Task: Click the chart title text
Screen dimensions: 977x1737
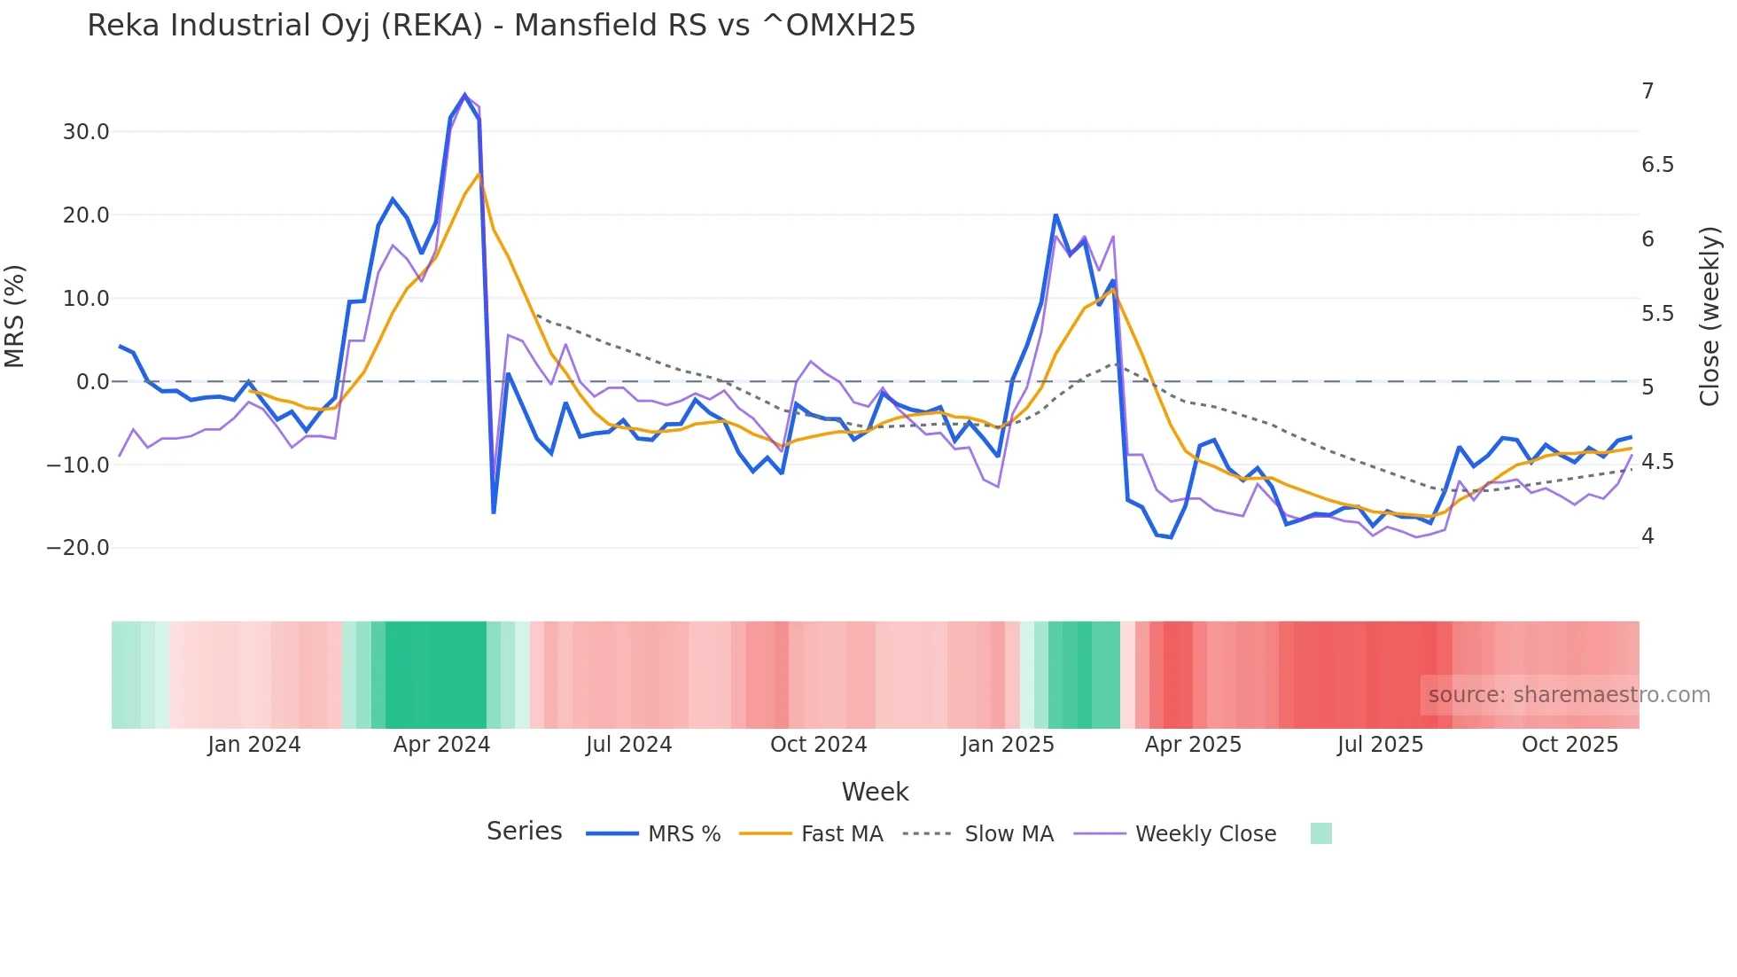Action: (501, 26)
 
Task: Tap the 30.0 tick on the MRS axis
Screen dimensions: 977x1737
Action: (86, 132)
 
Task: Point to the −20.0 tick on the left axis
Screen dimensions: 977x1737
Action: (78, 548)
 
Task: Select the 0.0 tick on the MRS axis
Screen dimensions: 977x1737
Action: (93, 382)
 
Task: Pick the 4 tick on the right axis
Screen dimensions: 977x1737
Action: (1647, 536)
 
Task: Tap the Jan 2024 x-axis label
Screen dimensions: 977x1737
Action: (253, 745)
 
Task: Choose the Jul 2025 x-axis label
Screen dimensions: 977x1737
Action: (1380, 745)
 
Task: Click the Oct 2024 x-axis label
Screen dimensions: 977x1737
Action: (818, 745)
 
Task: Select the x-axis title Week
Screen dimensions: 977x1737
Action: (875, 792)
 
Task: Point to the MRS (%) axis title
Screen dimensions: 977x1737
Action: (15, 317)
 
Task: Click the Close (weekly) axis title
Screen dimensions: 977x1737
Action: (1710, 317)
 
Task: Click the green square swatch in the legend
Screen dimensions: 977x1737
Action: (1320, 833)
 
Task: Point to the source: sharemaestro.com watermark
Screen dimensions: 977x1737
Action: (1569, 695)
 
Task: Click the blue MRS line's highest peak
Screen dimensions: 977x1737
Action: (464, 95)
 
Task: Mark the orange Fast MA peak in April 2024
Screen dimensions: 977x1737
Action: (479, 174)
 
